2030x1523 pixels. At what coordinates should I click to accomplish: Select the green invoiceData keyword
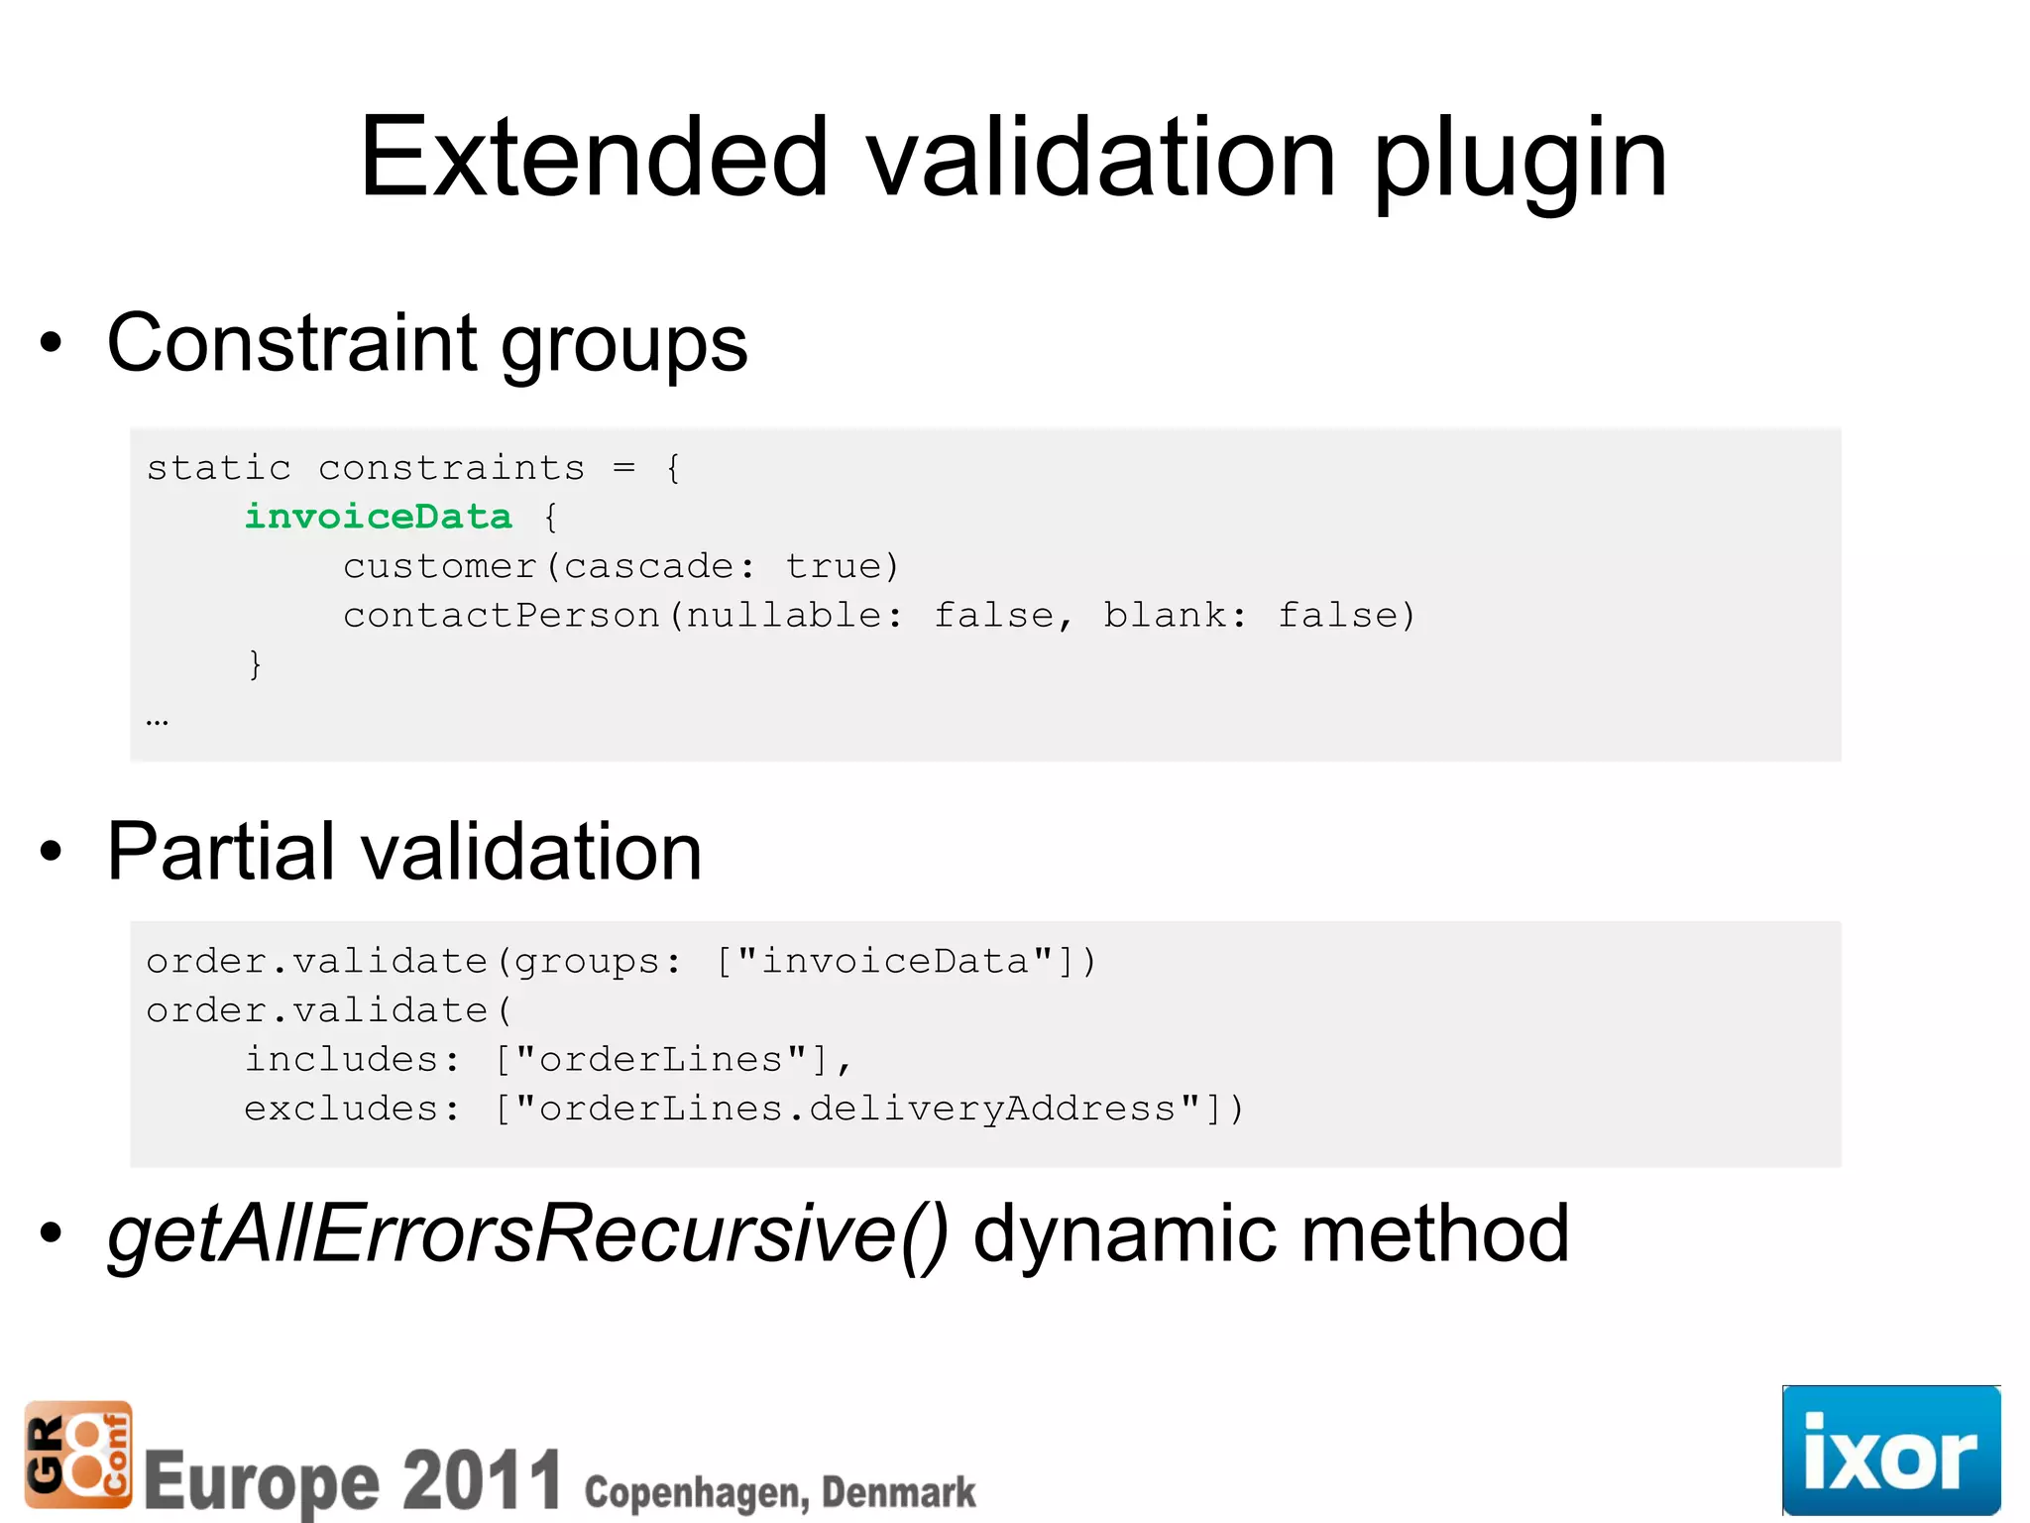(378, 516)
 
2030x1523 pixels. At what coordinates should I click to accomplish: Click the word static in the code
(219, 467)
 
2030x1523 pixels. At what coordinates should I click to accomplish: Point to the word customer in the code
(439, 566)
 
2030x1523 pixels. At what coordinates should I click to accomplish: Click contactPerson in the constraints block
(502, 616)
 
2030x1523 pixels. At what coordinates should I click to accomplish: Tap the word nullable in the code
(783, 616)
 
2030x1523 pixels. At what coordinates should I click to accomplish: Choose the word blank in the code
(1165, 616)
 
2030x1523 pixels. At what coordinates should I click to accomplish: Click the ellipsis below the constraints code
(157, 722)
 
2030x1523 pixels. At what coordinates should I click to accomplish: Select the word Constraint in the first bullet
(291, 343)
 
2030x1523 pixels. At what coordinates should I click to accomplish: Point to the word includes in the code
(341, 1060)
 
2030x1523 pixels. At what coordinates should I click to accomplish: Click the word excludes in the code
(341, 1109)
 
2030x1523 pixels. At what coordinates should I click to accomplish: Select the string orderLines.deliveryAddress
(857, 1109)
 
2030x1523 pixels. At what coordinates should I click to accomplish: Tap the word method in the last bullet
(1434, 1233)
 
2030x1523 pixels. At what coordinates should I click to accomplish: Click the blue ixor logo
(1890, 1450)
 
